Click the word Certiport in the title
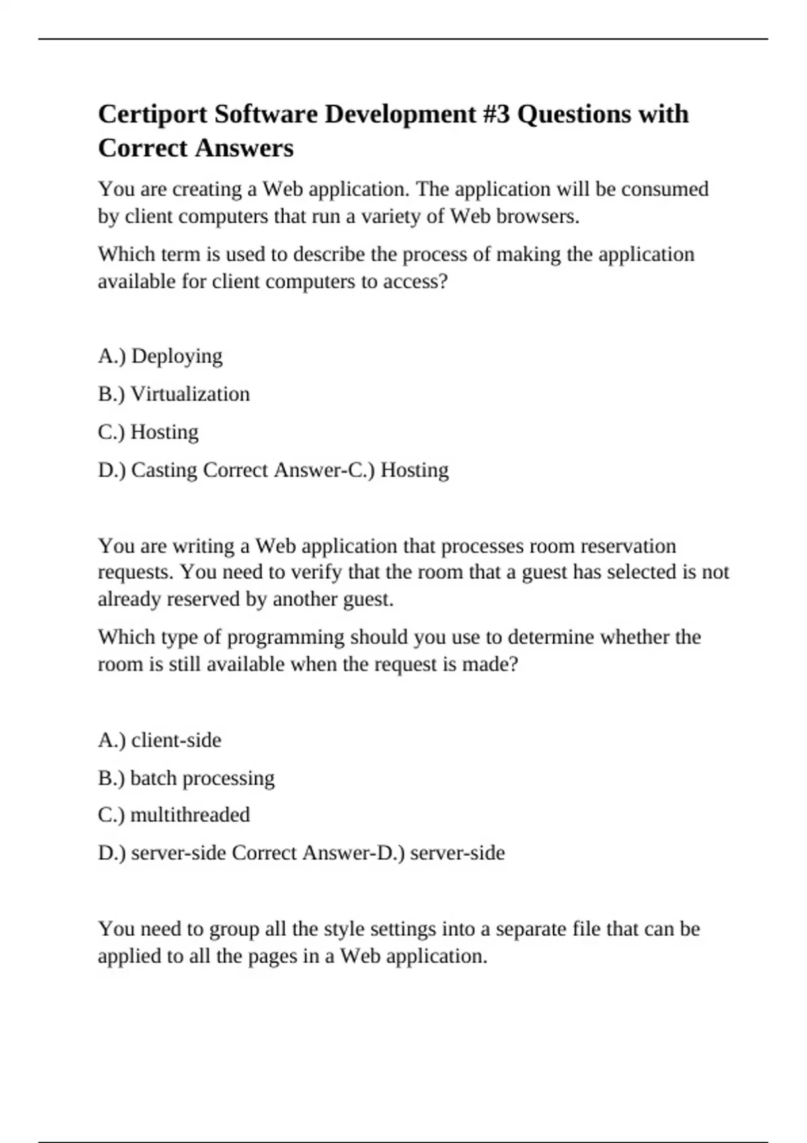153,114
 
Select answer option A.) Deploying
160,356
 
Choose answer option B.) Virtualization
174,393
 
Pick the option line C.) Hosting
148,432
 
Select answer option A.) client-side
159,740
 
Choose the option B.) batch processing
186,778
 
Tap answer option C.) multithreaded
174,815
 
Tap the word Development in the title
400,114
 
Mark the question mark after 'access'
442,281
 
